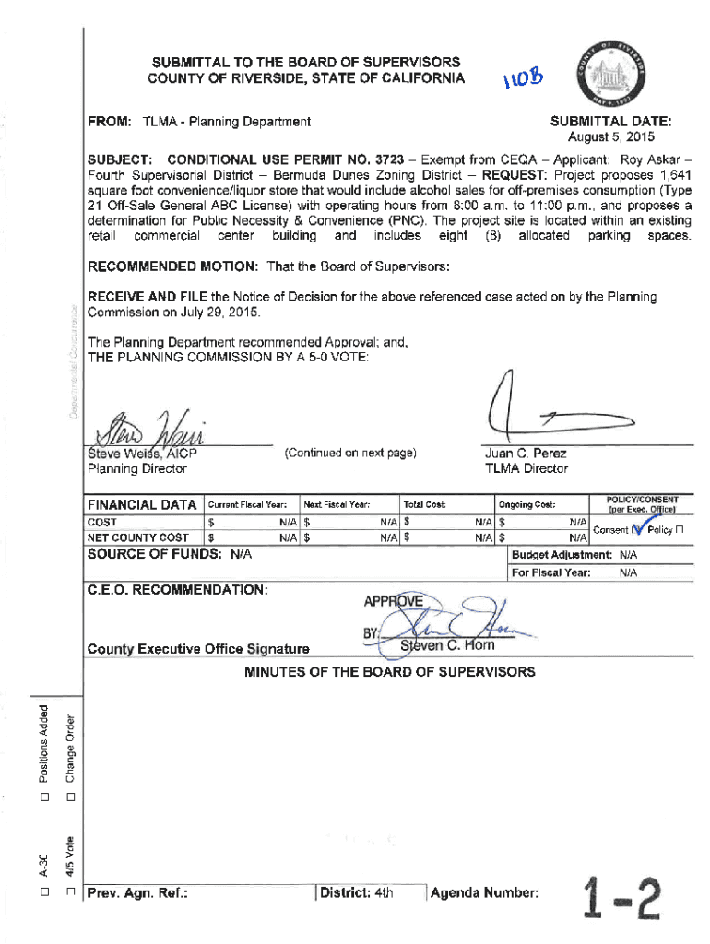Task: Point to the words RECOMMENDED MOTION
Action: tap(172, 266)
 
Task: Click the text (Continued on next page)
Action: tap(350, 454)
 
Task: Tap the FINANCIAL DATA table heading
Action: tap(141, 504)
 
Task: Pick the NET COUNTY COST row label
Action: tap(137, 537)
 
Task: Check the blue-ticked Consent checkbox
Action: tap(636, 529)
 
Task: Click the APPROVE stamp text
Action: tap(394, 602)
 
